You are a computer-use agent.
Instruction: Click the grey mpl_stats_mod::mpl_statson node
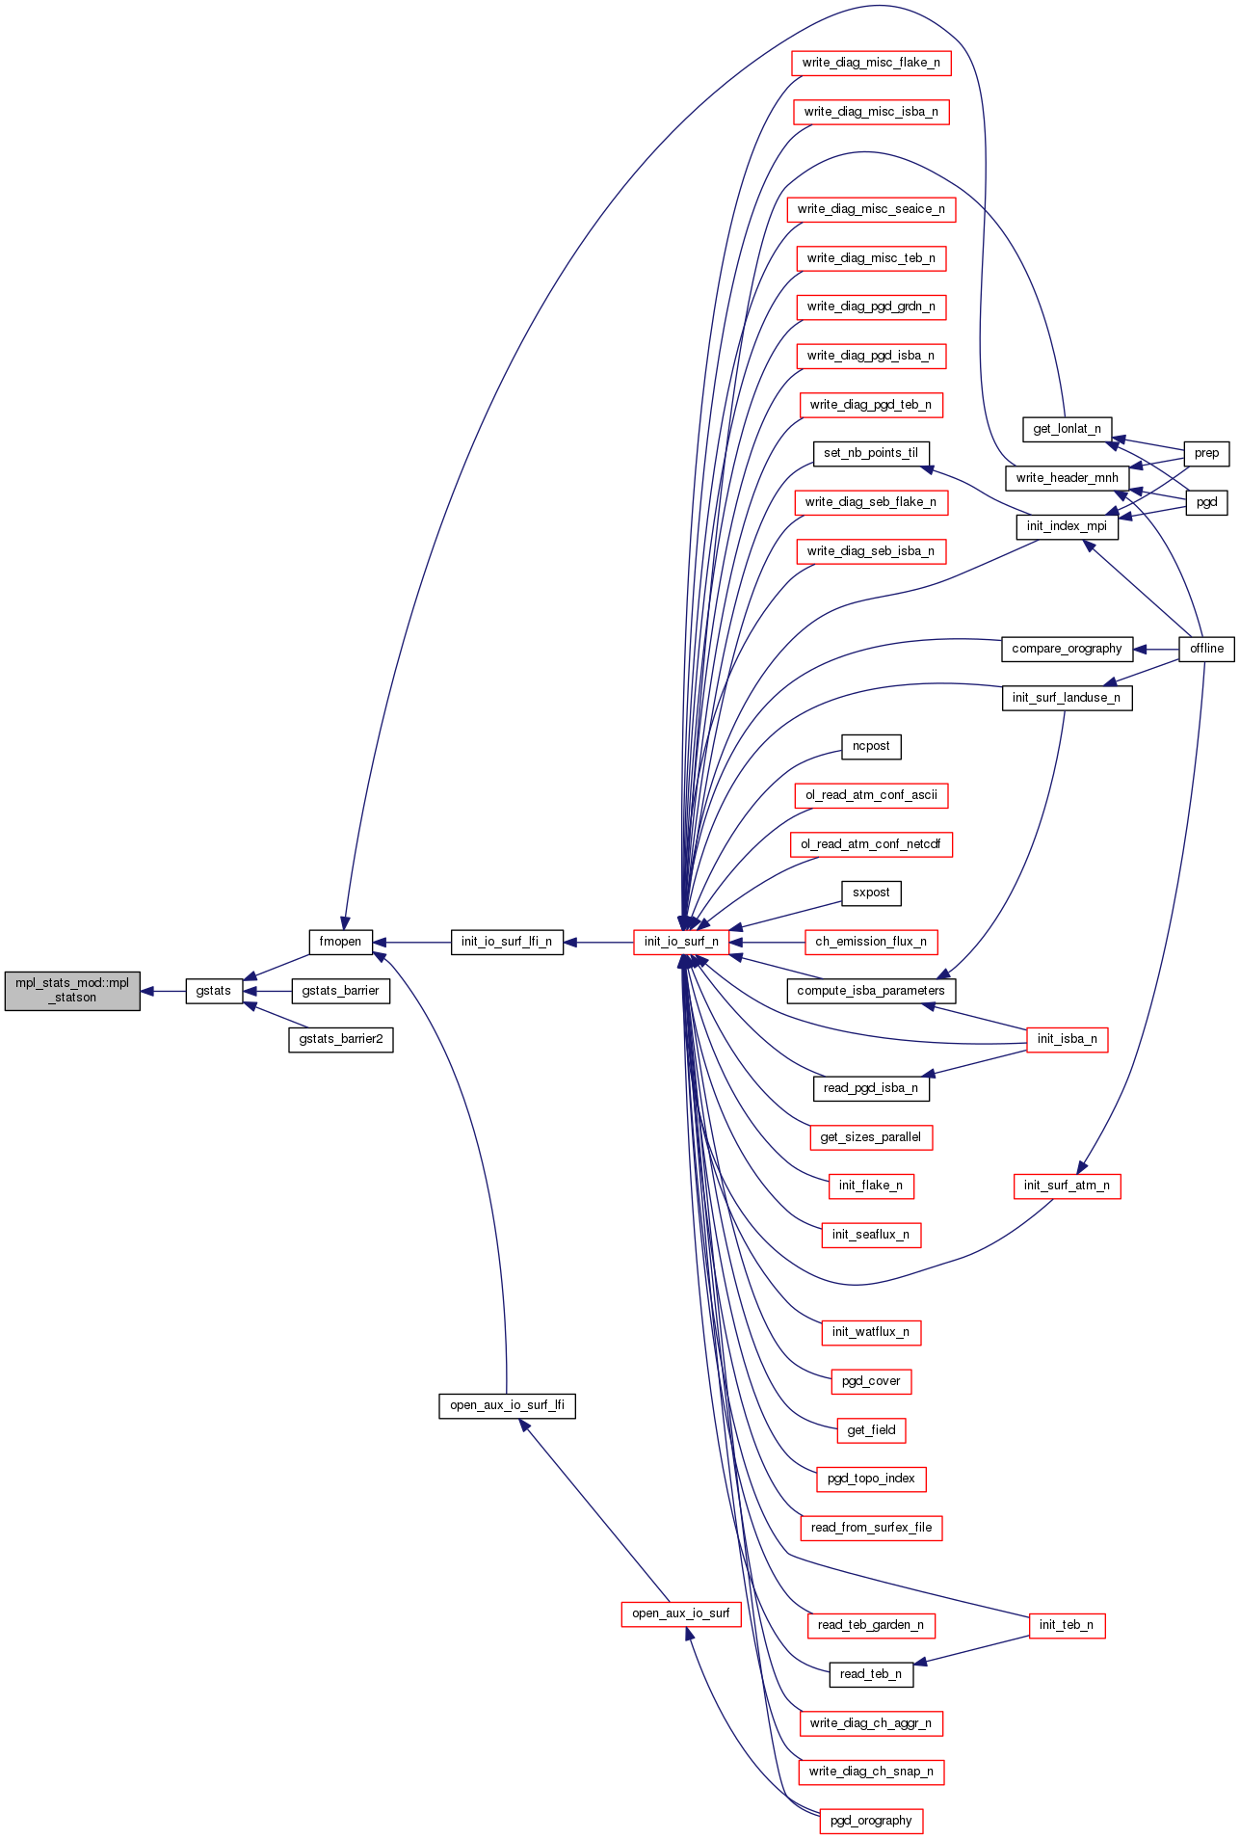tap(72, 990)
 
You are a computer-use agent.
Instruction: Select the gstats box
tap(214, 990)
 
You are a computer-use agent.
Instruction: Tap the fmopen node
tap(340, 942)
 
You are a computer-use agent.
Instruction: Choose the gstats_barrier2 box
tap(341, 1039)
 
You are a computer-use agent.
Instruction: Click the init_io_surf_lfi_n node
tap(507, 942)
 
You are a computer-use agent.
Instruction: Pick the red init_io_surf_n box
tap(681, 942)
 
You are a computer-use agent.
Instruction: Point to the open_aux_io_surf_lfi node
tap(507, 1405)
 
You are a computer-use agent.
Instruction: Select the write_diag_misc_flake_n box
tap(871, 63)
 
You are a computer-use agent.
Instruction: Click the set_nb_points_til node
tap(871, 453)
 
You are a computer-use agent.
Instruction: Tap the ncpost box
tap(871, 746)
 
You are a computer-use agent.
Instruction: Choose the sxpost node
tap(871, 893)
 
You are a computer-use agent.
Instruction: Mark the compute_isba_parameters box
tap(871, 990)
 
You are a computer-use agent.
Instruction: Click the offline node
tap(1206, 649)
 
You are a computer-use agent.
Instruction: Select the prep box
tap(1206, 453)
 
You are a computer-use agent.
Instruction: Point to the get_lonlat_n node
tap(1067, 429)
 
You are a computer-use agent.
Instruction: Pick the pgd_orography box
tap(871, 1821)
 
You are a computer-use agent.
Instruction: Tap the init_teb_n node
tap(1067, 1625)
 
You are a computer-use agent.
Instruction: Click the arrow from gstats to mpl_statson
tap(163, 991)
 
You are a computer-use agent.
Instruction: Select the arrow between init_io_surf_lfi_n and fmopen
tap(411, 942)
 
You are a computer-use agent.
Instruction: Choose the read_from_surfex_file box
tap(871, 1528)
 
